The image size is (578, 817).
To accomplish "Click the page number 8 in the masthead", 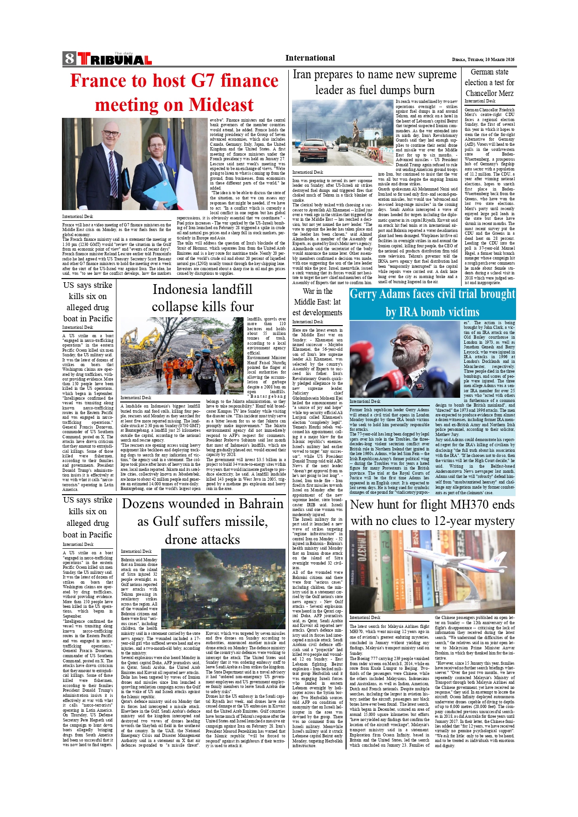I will tap(69, 59).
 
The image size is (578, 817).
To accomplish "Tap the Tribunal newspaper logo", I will tap(115, 59).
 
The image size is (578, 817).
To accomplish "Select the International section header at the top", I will tap(310, 58).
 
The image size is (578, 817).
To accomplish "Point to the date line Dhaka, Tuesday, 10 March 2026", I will tap(483, 60).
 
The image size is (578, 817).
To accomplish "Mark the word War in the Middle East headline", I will tap(310, 292).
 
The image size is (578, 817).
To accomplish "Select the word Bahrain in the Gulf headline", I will tap(260, 504).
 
